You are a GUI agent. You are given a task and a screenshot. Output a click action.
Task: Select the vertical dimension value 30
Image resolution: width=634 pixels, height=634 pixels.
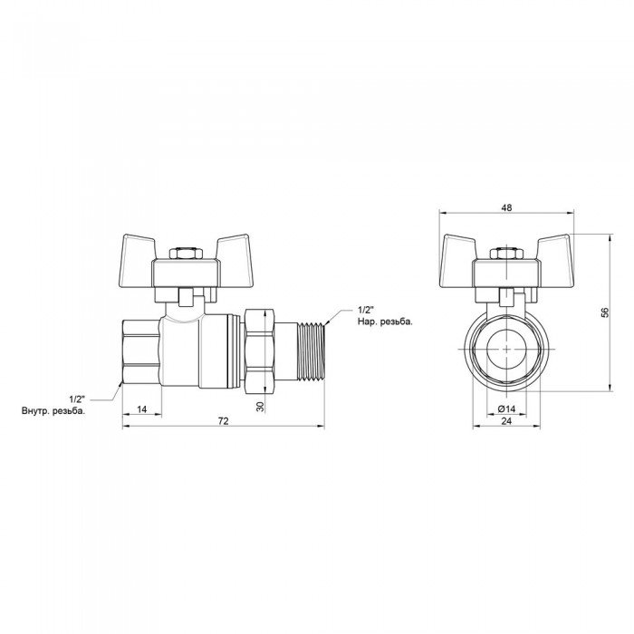260,407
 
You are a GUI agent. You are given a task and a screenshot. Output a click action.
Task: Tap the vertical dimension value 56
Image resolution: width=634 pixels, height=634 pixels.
605,312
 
